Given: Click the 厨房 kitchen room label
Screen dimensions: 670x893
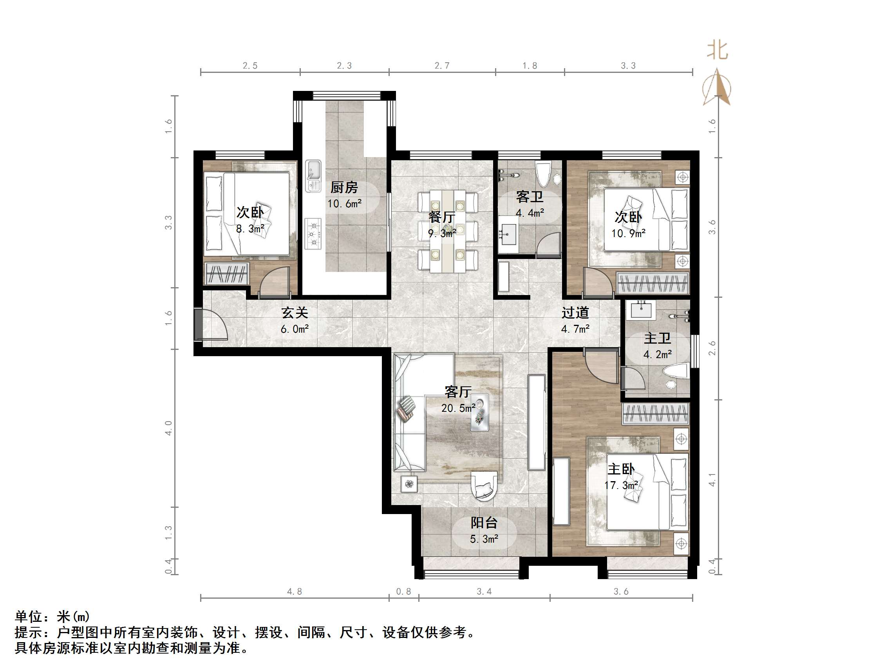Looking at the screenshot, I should pyautogui.click(x=344, y=187).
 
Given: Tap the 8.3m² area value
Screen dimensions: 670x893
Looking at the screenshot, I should pyautogui.click(x=250, y=229).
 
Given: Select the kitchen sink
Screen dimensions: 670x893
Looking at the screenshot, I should pyautogui.click(x=313, y=176).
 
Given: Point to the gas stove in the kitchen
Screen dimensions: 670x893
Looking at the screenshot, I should pyautogui.click(x=313, y=234).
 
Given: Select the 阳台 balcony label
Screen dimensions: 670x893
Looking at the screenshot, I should pyautogui.click(x=484, y=523).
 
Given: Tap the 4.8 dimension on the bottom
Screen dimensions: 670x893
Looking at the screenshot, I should pyautogui.click(x=294, y=592).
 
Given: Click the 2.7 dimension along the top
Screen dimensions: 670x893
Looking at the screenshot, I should pyautogui.click(x=442, y=66).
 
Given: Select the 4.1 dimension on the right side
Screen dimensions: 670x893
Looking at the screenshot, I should pyautogui.click(x=712, y=480).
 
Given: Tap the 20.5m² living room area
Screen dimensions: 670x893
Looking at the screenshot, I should pyautogui.click(x=458, y=408).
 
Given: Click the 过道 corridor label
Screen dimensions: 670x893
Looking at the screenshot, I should pyautogui.click(x=575, y=313).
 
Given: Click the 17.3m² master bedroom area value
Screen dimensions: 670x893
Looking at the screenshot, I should pyautogui.click(x=621, y=485).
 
